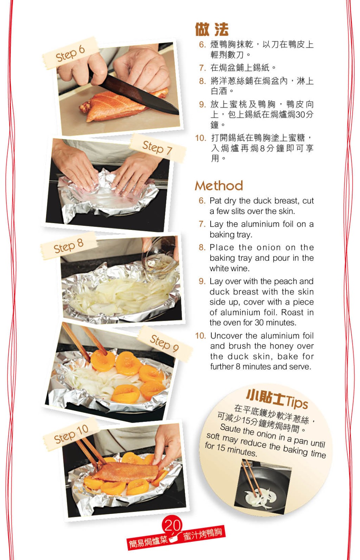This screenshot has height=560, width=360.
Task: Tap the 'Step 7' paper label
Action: point(157,148)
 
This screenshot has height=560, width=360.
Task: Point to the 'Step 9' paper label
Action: point(165,343)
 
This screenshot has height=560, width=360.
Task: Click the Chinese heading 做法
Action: point(212,30)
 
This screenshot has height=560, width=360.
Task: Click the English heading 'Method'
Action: point(219,186)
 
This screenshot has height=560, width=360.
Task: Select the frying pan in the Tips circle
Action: point(263,486)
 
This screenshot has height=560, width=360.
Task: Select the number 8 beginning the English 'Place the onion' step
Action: point(202,247)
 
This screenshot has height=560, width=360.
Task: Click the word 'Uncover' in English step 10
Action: point(226,336)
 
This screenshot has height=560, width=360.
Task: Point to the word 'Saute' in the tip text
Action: point(230,428)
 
